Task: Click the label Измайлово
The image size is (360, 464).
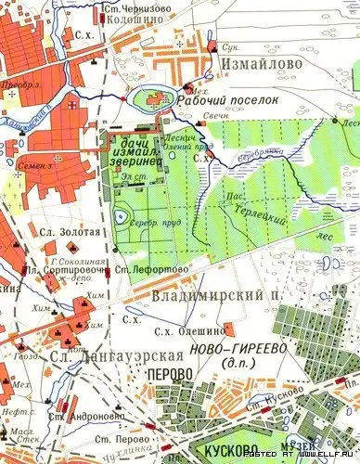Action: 257,63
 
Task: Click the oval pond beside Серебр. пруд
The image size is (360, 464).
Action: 122,218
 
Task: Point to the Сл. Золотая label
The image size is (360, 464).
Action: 58,226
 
